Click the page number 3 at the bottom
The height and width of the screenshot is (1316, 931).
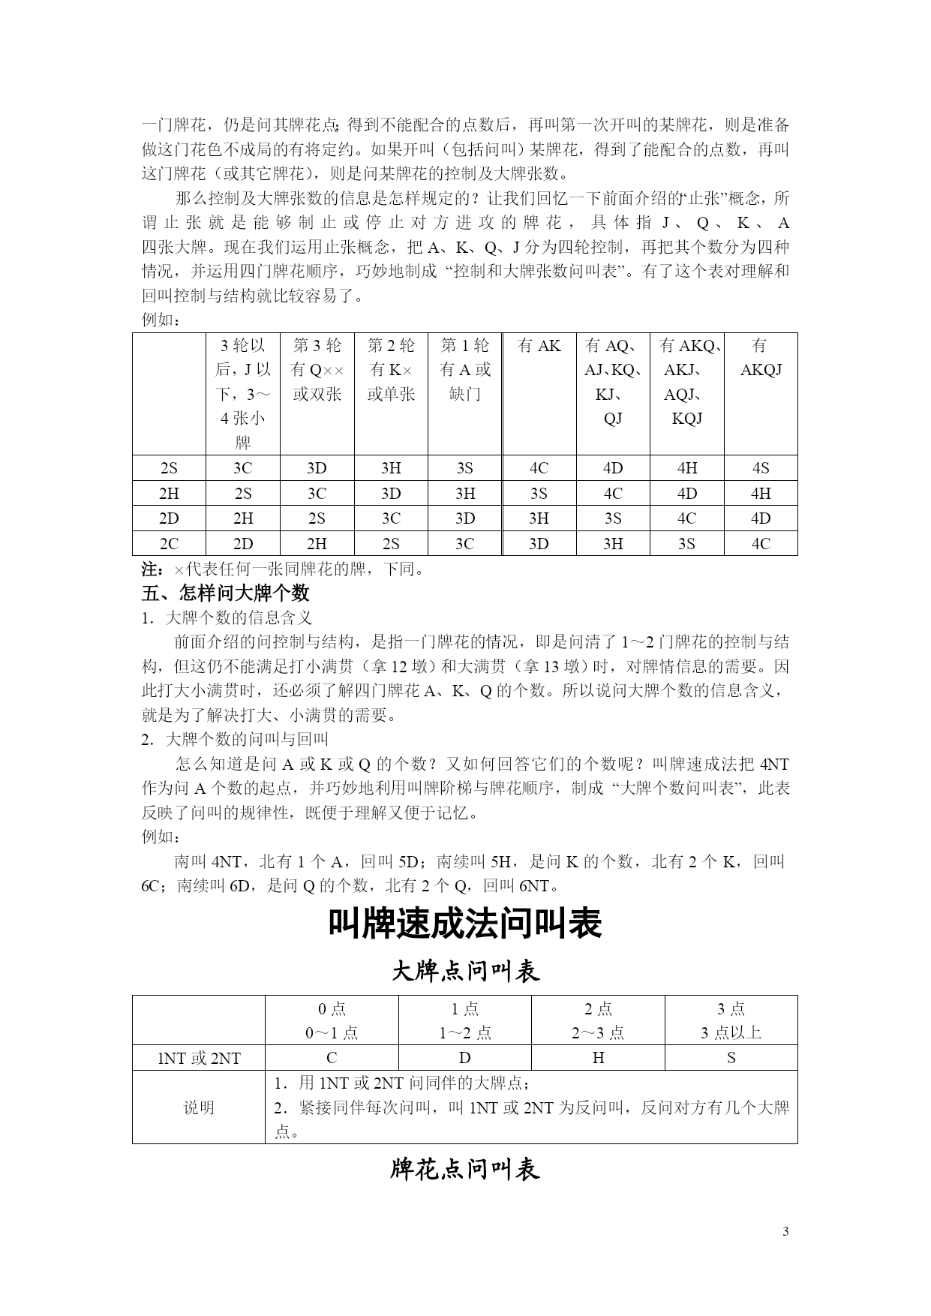[785, 1231]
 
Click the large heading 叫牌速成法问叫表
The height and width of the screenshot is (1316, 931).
[465, 924]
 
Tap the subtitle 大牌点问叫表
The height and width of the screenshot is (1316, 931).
[465, 972]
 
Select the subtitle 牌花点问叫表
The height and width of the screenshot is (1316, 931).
[465, 1169]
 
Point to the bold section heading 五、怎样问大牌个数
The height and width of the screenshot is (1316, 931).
[226, 593]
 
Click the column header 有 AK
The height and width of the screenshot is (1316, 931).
[539, 346]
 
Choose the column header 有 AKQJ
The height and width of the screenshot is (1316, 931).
[760, 357]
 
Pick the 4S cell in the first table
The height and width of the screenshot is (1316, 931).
[760, 468]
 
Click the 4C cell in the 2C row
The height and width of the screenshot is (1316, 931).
[760, 544]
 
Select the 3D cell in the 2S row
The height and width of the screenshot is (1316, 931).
[317, 468]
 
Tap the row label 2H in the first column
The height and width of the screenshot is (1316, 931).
[169, 494]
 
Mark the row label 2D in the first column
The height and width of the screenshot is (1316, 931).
[169, 518]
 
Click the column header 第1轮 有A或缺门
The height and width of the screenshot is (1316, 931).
[464, 369]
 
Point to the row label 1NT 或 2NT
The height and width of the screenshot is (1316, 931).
[199, 1058]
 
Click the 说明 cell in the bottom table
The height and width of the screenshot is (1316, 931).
[199, 1107]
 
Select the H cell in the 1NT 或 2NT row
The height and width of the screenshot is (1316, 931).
[598, 1058]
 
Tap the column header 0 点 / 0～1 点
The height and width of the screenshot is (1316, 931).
[332, 1020]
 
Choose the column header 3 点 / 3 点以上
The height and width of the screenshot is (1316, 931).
[731, 1020]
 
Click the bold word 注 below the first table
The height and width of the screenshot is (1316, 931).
[149, 569]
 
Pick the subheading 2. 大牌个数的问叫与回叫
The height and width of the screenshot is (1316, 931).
[235, 739]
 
